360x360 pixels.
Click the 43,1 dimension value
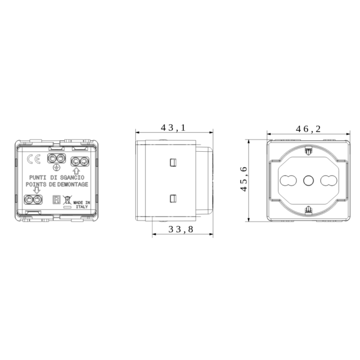click(173, 127)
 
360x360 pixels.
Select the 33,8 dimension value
click(181, 229)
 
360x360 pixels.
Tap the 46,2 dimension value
click(308, 129)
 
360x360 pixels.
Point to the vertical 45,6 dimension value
click(244, 179)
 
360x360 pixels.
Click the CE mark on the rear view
click(34, 159)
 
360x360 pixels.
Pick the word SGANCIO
click(72, 177)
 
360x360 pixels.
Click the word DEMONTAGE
click(73, 184)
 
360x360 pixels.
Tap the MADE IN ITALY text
click(82, 205)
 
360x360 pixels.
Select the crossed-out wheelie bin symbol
click(67, 200)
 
